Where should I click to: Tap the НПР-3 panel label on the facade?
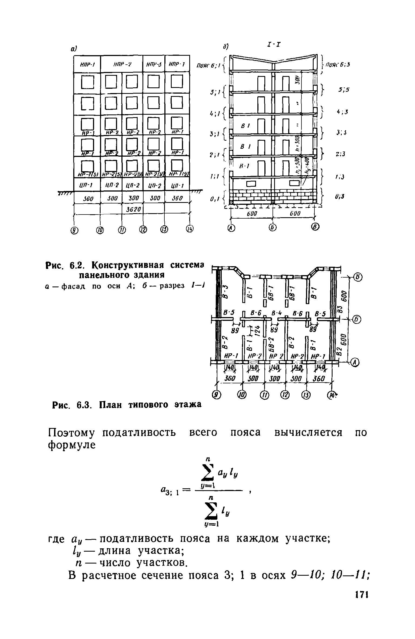point(154,64)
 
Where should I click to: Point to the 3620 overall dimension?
point(132,209)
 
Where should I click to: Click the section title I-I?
point(273,44)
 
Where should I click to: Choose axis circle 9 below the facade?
point(74,230)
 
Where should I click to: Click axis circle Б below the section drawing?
point(273,228)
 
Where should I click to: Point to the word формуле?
point(72,445)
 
